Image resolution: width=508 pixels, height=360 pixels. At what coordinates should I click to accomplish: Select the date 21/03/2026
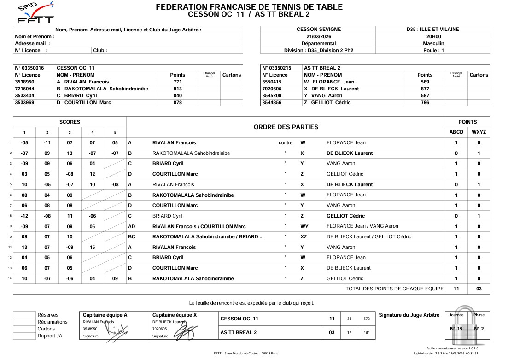[318, 36]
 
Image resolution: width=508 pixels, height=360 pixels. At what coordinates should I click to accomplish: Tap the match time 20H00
[433, 36]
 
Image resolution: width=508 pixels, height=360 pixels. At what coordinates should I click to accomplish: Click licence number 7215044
[28, 89]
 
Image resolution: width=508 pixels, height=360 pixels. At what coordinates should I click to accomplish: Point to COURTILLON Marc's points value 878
[177, 102]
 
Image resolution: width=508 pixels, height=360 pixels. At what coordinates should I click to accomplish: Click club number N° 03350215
[276, 68]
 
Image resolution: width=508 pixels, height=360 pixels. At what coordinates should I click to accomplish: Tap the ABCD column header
[456, 132]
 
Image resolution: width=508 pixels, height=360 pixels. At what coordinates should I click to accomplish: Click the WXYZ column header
[479, 132]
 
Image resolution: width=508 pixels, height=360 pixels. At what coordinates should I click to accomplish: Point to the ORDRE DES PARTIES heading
[286, 127]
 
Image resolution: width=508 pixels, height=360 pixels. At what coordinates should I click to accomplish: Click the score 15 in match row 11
[92, 247]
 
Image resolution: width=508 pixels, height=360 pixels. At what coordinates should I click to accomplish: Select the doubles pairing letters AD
[132, 226]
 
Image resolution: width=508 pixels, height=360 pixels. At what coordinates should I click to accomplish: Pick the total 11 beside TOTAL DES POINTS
[456, 289]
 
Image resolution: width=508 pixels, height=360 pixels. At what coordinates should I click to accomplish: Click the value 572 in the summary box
[367, 319]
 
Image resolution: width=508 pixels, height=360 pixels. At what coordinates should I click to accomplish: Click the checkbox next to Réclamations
[24, 322]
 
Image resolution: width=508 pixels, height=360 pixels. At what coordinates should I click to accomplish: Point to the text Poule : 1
[433, 50]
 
